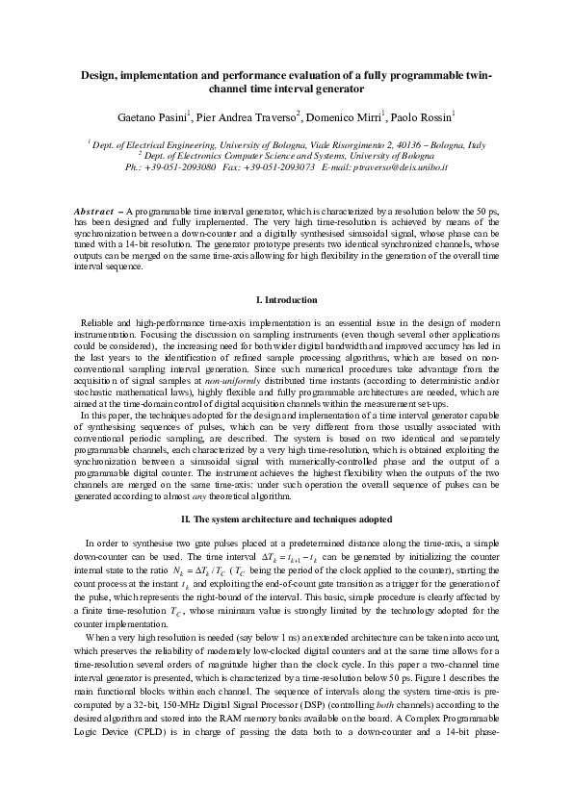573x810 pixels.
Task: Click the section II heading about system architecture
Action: point(286,520)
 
